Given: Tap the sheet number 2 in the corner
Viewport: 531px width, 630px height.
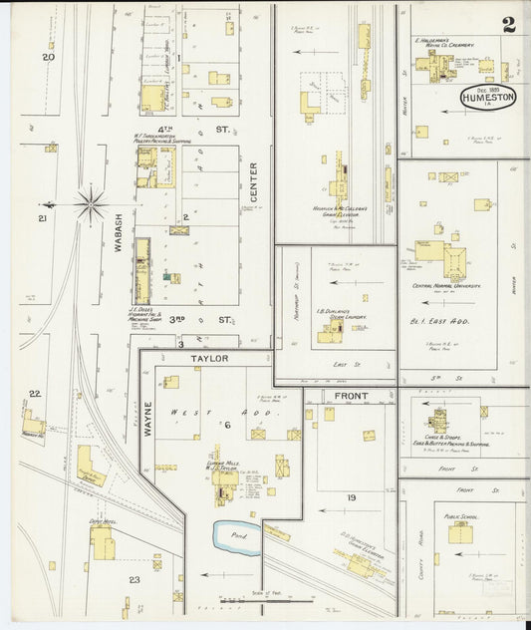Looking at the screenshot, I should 509,25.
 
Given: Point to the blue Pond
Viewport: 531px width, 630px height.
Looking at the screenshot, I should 237,536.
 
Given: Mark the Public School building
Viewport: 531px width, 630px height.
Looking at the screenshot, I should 458,533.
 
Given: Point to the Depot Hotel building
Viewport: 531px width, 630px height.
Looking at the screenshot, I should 101,543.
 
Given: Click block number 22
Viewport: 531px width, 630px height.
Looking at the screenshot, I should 35,394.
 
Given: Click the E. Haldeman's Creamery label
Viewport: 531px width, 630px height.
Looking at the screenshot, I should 457,46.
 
